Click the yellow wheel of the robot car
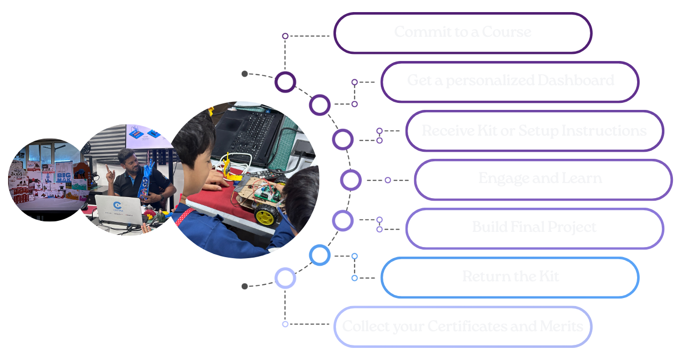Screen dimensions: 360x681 tap(266, 215)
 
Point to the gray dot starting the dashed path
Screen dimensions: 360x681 tap(245, 74)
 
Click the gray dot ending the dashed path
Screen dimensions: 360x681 tap(245, 286)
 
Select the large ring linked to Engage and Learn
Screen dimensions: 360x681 tap(351, 180)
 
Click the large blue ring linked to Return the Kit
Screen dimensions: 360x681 tap(319, 255)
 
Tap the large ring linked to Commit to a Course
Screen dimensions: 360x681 tap(285, 82)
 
